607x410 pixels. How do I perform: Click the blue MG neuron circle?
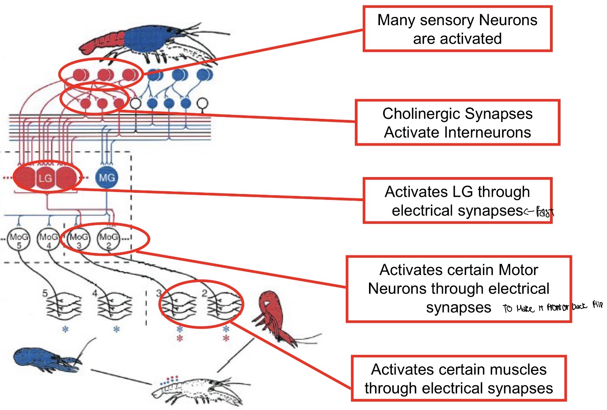click(107, 177)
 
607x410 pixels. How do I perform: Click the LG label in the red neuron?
click(45, 178)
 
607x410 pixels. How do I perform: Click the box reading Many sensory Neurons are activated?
click(457, 29)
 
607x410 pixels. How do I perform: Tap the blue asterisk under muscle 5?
click(65, 329)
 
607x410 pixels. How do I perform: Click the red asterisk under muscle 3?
click(180, 338)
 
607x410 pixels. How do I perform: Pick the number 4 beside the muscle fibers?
click(95, 294)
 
